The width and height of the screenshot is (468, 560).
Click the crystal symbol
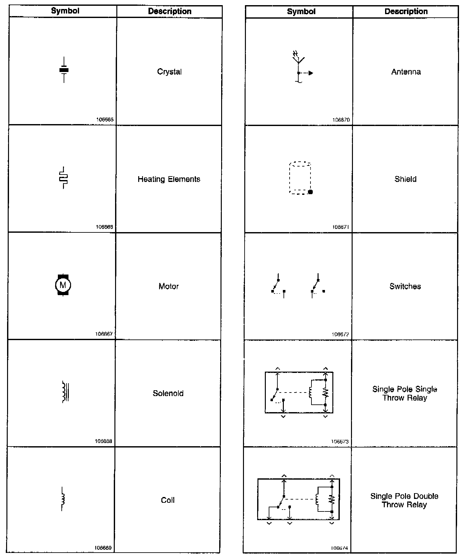64,70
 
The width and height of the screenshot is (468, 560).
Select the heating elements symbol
64,178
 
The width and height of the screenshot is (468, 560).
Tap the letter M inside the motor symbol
63,285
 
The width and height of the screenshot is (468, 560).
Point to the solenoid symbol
65,392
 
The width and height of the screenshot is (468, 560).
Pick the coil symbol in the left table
63,499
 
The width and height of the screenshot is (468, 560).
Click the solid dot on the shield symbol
310,192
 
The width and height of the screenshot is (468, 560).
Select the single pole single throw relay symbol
299,393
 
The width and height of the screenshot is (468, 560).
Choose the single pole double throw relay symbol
298,499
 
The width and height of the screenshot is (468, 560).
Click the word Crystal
169,72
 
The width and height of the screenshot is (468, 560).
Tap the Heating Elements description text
169,179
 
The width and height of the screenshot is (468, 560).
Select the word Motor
168,286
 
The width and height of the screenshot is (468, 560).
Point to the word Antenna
406,72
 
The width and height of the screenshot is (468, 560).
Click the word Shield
405,179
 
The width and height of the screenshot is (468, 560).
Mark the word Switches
405,286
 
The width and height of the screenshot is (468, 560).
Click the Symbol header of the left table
65,11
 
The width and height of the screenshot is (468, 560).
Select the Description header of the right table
406,12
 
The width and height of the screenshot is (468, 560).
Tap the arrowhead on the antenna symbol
310,73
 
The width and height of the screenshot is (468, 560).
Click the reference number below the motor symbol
104,334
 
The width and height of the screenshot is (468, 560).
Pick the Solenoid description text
168,393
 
